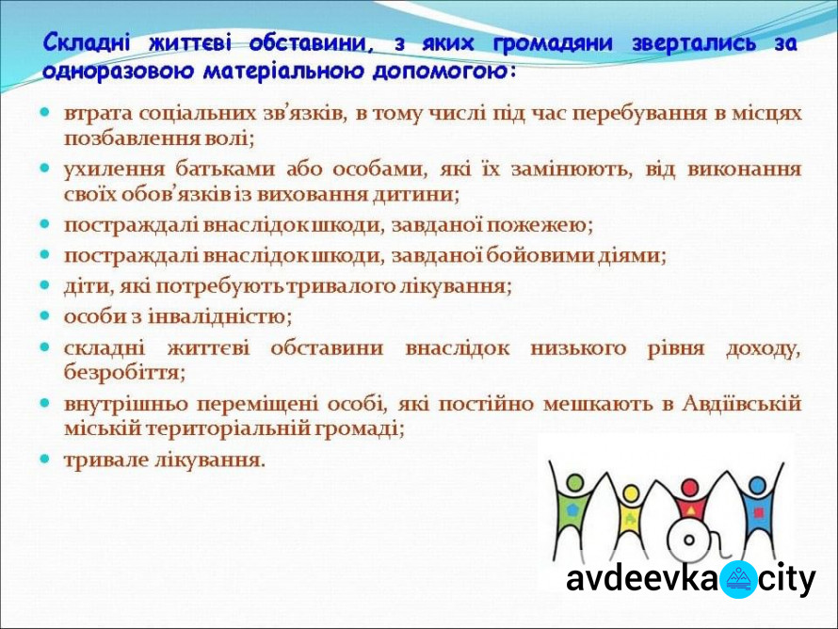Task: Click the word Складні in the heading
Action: (86, 42)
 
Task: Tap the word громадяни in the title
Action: (553, 43)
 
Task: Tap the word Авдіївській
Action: (742, 403)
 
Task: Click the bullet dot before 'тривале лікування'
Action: (45, 459)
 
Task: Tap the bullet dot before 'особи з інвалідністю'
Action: (45, 315)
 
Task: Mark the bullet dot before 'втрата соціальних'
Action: (45, 112)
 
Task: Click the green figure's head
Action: (574, 482)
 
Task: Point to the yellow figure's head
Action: (631, 492)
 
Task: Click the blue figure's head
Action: (757, 486)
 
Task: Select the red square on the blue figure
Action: (758, 513)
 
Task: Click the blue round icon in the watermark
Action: (738, 579)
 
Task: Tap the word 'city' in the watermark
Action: (787, 579)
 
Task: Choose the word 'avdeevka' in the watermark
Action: (642, 578)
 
